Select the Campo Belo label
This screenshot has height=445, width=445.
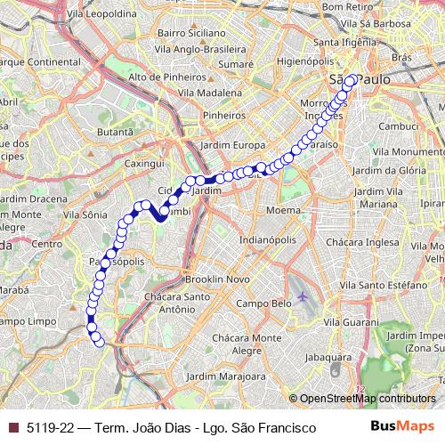[x=264, y=303]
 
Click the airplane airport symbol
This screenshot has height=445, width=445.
[x=303, y=296]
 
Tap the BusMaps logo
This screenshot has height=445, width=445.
[x=404, y=427]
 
